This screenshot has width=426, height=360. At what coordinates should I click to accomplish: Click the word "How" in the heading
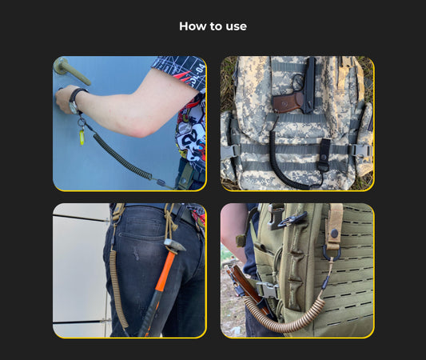[192, 26]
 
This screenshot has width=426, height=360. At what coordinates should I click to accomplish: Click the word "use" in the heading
[236, 27]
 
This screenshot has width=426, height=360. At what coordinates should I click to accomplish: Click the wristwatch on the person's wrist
[74, 100]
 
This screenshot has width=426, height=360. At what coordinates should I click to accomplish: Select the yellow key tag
[82, 137]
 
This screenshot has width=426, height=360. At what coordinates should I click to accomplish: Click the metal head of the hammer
[174, 245]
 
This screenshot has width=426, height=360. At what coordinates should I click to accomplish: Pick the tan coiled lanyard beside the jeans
[117, 288]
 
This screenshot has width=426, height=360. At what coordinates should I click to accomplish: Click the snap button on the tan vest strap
[334, 233]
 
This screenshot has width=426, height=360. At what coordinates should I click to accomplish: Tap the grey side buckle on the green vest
[268, 290]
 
